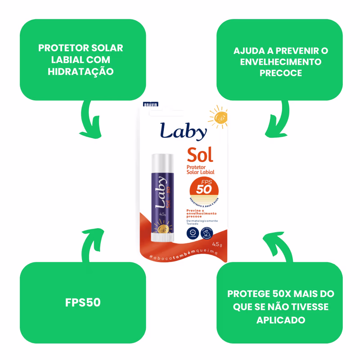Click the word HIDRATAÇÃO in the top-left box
pos(81,72)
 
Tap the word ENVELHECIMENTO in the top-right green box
pos(281,62)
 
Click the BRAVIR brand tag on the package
pos(150,104)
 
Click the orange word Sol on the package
pos(200,155)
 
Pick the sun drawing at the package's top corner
pos(219,117)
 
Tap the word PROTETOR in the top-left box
pos(62,48)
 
